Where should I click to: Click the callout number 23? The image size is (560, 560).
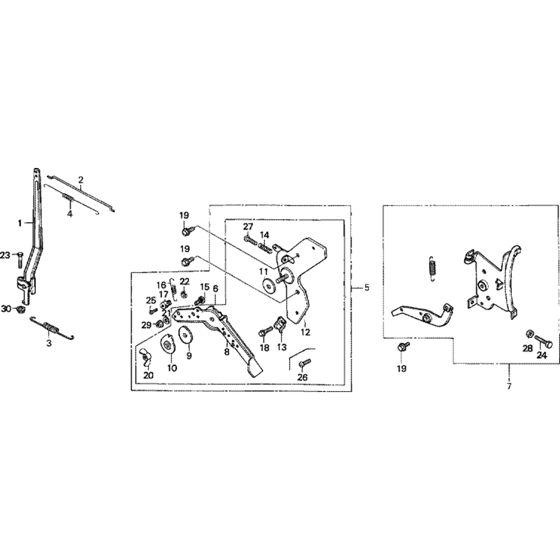coord(6,255)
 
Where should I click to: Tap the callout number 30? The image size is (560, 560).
coord(6,309)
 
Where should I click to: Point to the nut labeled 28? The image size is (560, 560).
coord(529,334)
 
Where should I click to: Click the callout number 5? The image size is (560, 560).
coord(367,288)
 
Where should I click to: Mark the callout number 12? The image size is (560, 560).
coord(305,332)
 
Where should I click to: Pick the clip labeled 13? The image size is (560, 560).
coord(280,324)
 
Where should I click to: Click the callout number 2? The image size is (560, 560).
coord(81,179)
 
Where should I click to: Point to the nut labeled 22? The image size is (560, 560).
coord(184,295)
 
